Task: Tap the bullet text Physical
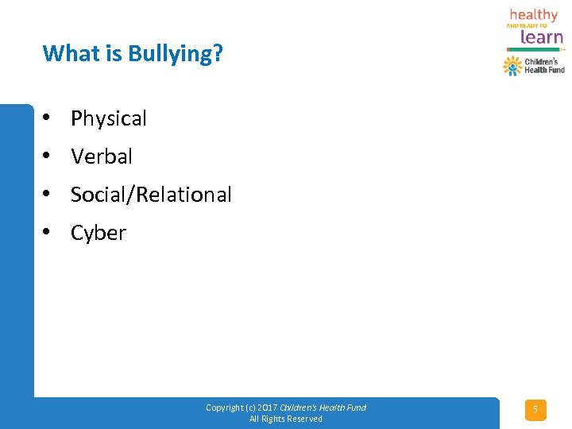[109, 119]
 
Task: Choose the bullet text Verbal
[102, 157]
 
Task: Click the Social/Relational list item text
[151, 195]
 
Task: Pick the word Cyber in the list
[99, 234]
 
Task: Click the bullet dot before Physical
[48, 118]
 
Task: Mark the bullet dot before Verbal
[48, 156]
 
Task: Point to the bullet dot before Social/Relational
[48, 194]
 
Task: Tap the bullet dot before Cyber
[48, 232]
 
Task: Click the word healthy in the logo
[534, 14]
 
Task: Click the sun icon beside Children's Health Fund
[512, 66]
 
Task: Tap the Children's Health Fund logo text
[544, 66]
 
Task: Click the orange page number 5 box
[535, 410]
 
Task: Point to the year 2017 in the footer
[266, 408]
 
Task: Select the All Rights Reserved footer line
[286, 419]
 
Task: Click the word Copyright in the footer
[225, 408]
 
